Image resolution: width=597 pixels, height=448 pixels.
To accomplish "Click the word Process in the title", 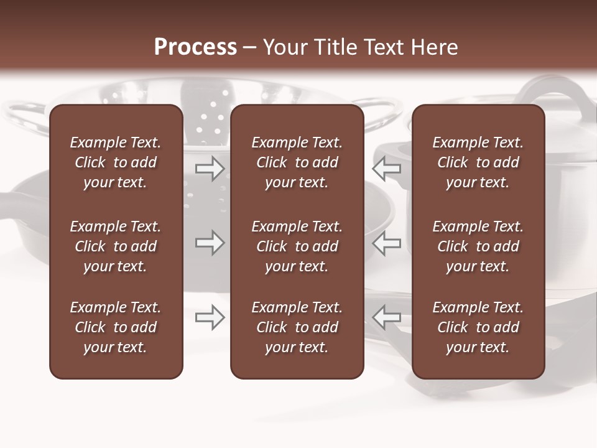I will tap(195, 47).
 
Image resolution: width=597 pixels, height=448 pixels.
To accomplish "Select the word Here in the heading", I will tap(433, 47).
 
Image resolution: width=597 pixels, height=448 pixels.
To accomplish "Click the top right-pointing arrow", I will tap(210, 168).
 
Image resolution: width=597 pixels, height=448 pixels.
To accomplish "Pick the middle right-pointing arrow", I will tap(210, 243).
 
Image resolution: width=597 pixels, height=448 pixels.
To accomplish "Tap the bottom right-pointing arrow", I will tap(210, 317).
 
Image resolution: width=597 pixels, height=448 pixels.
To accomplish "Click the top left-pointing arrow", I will tap(386, 168).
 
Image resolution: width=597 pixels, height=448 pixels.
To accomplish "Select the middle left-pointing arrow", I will tap(386, 243).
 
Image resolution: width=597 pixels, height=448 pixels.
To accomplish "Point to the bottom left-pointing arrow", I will tap(386, 317).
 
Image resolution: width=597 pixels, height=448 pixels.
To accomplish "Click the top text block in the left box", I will tap(116, 162).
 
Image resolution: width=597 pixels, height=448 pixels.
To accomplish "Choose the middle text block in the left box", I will tap(116, 246).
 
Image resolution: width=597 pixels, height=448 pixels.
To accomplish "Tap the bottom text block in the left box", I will tap(116, 327).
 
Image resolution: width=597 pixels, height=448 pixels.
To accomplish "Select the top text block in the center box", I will tap(297, 162).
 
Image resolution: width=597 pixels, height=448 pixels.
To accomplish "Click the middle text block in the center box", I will tap(297, 246).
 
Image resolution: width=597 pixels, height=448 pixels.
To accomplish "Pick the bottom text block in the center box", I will tap(297, 327).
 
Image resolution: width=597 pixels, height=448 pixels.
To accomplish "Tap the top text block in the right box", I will tap(478, 162).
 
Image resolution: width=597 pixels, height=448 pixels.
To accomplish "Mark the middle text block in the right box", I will tap(478, 246).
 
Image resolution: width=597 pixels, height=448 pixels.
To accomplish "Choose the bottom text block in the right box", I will tap(478, 327).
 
